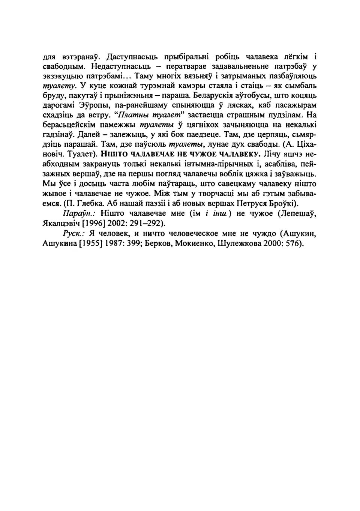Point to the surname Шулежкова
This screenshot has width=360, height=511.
pyautogui.click(x=238, y=243)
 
